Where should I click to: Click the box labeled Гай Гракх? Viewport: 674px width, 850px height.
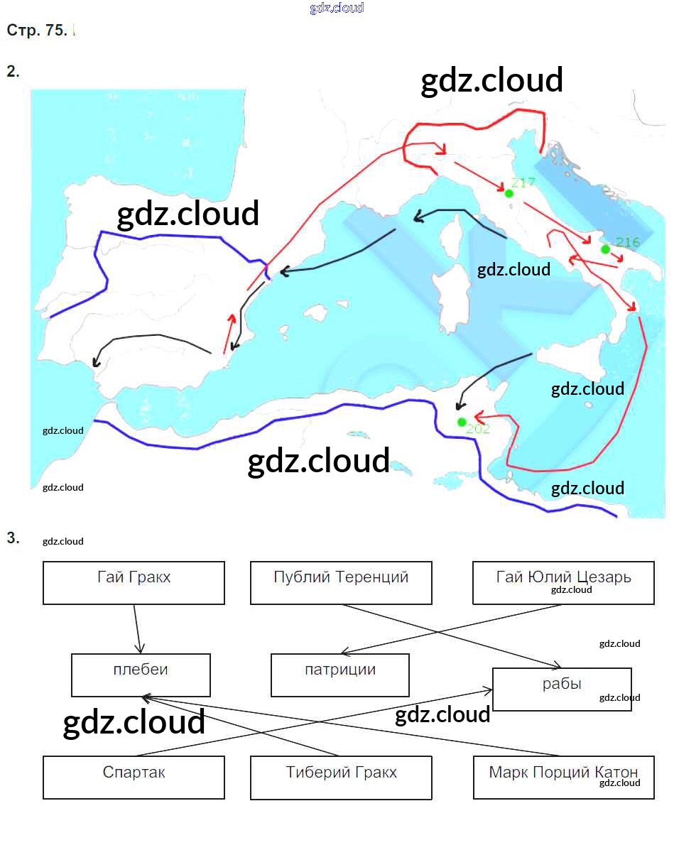(x=134, y=583)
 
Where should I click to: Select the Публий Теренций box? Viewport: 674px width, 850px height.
(x=341, y=583)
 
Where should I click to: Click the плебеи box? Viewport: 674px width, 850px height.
(x=141, y=675)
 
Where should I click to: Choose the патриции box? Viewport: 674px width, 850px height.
(x=340, y=675)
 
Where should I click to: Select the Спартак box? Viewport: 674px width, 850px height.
(x=134, y=777)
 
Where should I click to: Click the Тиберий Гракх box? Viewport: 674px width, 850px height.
(x=341, y=777)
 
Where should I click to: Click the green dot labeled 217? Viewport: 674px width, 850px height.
(x=509, y=193)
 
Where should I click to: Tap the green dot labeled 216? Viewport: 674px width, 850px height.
(x=605, y=249)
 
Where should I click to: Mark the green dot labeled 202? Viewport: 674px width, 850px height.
(x=462, y=422)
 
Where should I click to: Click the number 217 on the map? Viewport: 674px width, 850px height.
(x=523, y=183)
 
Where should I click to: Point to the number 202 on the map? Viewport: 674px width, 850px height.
(x=478, y=428)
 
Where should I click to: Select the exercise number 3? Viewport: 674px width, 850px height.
(x=13, y=538)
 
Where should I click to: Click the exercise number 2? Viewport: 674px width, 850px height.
(x=13, y=71)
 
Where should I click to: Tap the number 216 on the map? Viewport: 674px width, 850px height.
(x=628, y=243)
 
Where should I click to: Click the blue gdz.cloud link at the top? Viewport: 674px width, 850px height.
(x=337, y=8)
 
